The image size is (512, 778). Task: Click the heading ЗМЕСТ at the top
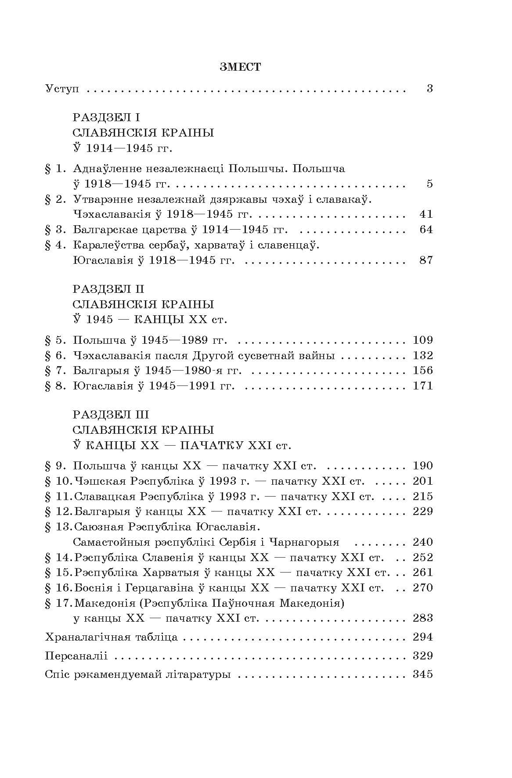click(x=240, y=67)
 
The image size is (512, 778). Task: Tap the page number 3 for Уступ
click(x=429, y=89)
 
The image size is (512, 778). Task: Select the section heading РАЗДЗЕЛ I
click(x=106, y=117)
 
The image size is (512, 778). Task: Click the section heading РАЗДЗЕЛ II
click(x=108, y=289)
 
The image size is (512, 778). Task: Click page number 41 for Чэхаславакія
click(x=426, y=214)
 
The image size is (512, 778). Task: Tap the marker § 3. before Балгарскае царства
click(x=55, y=230)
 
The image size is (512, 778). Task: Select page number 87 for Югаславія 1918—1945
click(x=426, y=260)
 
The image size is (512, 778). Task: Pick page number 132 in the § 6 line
click(x=423, y=355)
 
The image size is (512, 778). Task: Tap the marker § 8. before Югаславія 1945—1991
click(x=55, y=386)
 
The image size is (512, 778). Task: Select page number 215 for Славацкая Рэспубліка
click(x=423, y=497)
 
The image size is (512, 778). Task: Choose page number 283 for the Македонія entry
click(x=423, y=618)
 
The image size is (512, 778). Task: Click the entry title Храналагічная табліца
click(x=112, y=637)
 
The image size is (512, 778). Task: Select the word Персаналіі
click(x=76, y=656)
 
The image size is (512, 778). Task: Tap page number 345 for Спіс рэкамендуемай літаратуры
click(x=423, y=674)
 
